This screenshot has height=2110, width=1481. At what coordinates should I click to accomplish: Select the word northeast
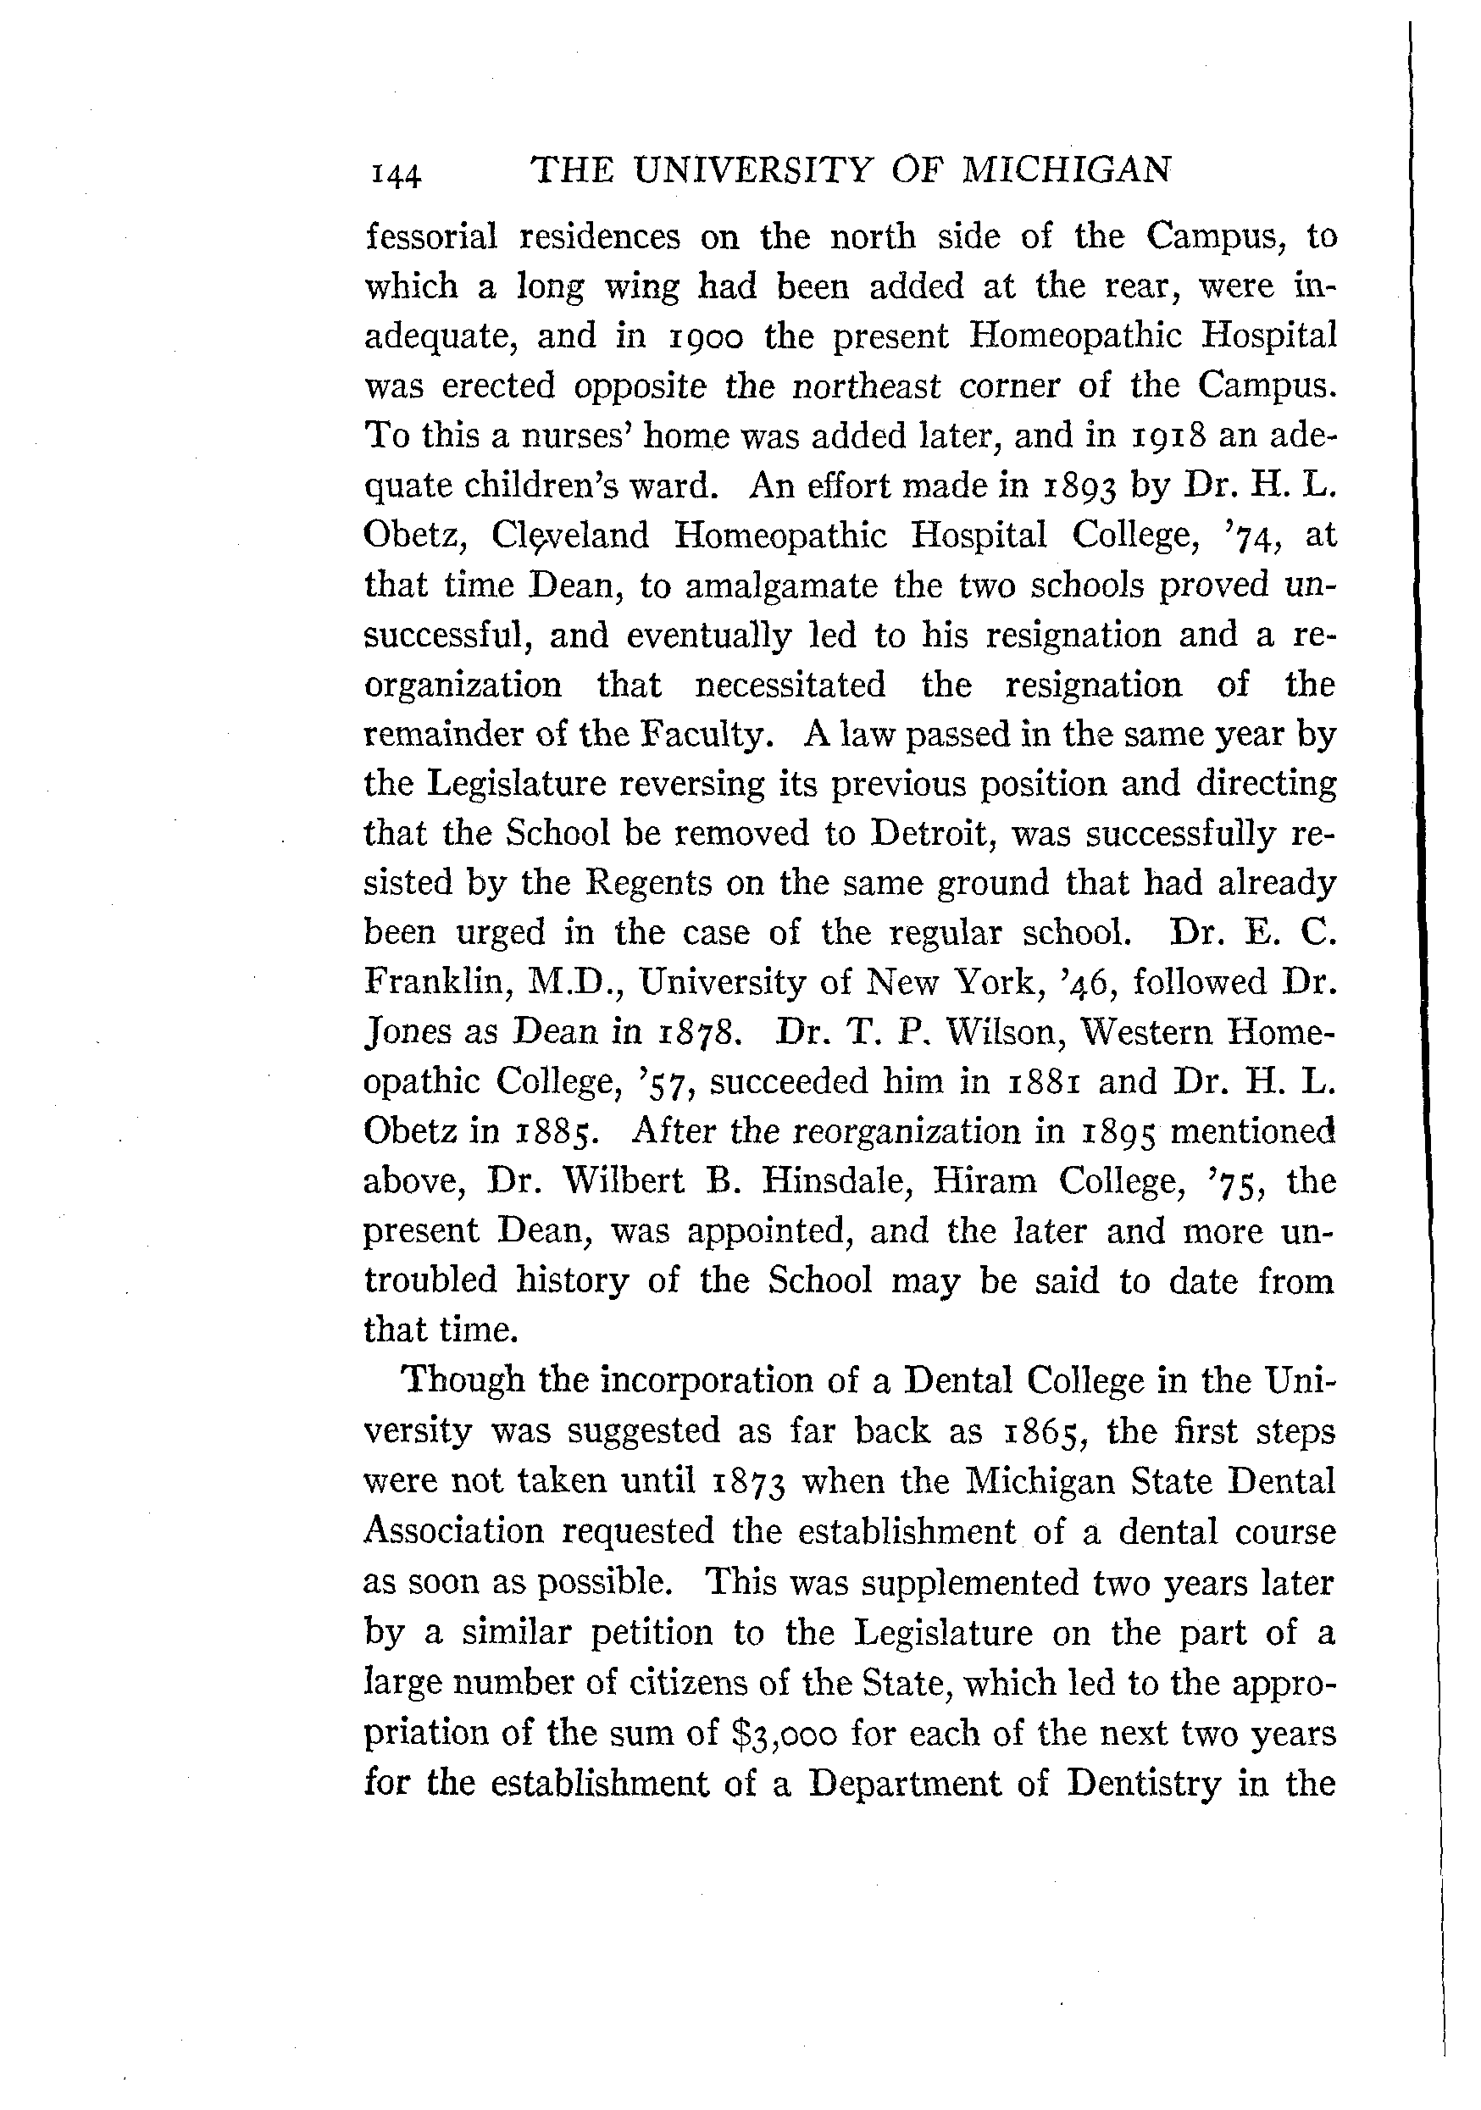[x=867, y=386]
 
